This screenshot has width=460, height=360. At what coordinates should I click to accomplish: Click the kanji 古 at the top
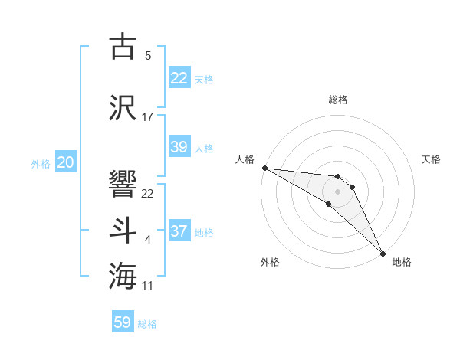pos(123,47)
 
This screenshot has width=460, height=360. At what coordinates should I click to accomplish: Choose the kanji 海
pos(123,275)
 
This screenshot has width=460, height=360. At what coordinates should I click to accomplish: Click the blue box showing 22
pos(179,78)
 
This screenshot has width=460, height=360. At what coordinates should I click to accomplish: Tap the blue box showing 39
pos(179,147)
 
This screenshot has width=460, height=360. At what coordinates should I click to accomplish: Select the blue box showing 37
pos(179,231)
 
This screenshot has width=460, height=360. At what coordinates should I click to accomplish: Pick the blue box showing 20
pos(65,162)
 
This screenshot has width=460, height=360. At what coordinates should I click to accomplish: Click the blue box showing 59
pos(123,322)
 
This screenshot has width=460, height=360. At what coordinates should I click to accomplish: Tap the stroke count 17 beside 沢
pos(148,117)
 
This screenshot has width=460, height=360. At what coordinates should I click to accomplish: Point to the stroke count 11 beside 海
pos(148,286)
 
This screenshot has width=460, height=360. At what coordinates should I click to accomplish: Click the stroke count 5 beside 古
pos(148,56)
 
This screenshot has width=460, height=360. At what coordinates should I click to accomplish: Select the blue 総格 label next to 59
pos(148,324)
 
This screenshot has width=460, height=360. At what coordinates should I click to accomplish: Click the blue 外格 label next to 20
pos(41,163)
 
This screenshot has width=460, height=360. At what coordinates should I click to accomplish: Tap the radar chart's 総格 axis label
pos(338,100)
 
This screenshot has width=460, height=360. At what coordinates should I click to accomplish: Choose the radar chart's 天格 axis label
pos(432,159)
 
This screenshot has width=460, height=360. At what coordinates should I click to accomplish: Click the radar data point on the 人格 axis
pos(264,168)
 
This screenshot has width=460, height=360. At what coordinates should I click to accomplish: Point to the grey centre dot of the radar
pos(338,191)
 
